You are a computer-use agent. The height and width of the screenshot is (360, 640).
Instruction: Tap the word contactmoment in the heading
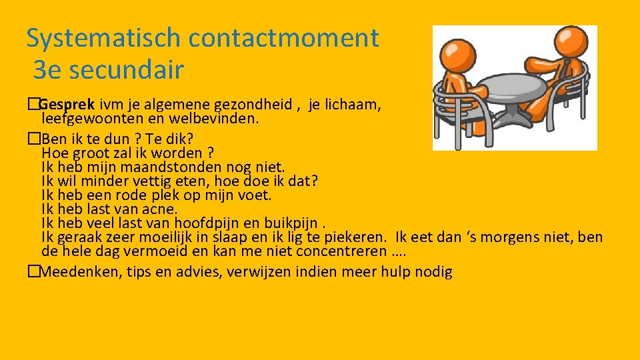pyautogui.click(x=283, y=38)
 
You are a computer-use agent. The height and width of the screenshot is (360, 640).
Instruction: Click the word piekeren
pyautogui.click(x=355, y=237)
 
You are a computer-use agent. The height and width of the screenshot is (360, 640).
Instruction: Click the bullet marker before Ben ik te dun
pyautogui.click(x=33, y=138)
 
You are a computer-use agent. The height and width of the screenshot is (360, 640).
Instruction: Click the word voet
pyautogui.click(x=257, y=195)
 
